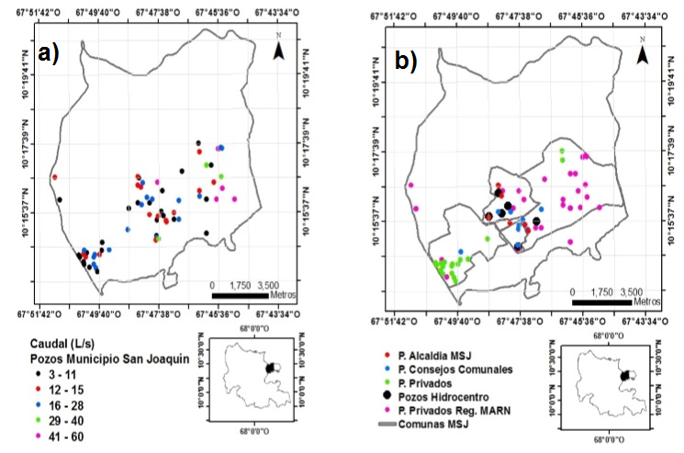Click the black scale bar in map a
point(241,296)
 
